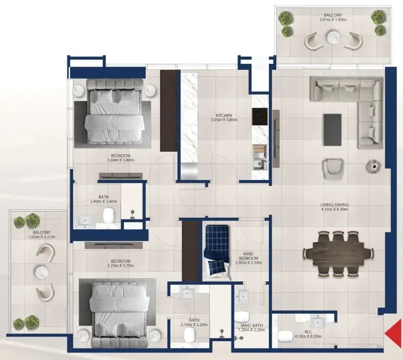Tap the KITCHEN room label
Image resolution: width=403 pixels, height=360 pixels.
coord(224,116)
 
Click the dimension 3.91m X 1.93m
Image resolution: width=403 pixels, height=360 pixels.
coord(333,20)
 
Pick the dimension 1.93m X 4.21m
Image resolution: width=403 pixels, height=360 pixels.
coord(42,237)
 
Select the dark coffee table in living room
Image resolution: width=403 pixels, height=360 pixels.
coord(332,130)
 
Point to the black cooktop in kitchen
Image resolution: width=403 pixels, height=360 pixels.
coord(260,117)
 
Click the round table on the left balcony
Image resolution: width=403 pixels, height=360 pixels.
coord(41,272)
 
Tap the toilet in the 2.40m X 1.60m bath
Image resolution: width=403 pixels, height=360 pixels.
coord(108,215)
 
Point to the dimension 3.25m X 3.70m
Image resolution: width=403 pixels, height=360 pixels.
coord(121,265)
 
